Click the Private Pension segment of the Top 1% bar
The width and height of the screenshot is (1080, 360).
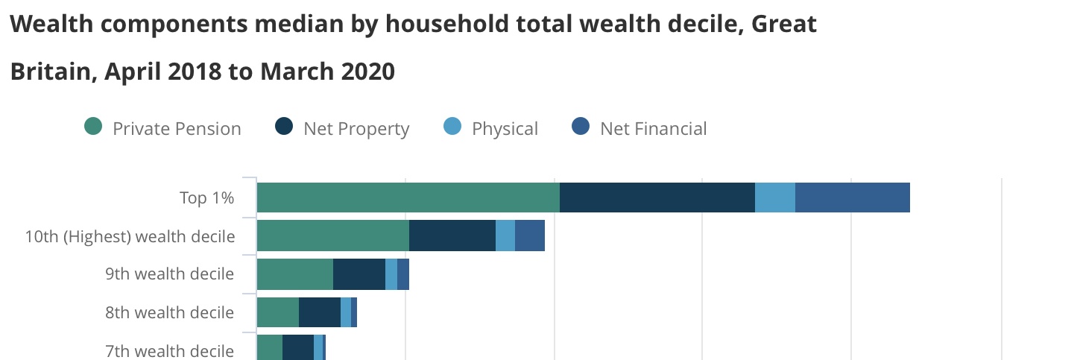pyautogui.click(x=408, y=198)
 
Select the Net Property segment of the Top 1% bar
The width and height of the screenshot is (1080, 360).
pyautogui.click(x=657, y=198)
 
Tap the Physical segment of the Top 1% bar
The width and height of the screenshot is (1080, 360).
pyautogui.click(x=775, y=198)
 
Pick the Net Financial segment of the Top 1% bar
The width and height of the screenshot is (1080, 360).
pyautogui.click(x=853, y=198)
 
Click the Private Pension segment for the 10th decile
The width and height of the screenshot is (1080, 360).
pyautogui.click(x=333, y=236)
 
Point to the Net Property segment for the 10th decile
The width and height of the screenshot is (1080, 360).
pyautogui.click(x=452, y=236)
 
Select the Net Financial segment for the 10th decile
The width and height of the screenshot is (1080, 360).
pyautogui.click(x=530, y=236)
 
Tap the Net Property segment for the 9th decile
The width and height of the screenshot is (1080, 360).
pyautogui.click(x=359, y=274)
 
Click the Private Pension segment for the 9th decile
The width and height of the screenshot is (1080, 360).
pyautogui.click(x=295, y=274)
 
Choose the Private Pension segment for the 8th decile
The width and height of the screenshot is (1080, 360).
pyautogui.click(x=278, y=312)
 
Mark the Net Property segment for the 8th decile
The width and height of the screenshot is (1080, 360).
pyautogui.click(x=320, y=312)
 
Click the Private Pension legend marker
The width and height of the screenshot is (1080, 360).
pyautogui.click(x=93, y=127)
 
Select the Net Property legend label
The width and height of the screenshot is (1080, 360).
pyautogui.click(x=356, y=129)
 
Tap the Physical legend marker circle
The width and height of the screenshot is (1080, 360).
pyautogui.click(x=452, y=127)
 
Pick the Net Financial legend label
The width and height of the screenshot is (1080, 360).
pyautogui.click(x=654, y=129)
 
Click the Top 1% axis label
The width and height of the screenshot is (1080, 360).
pyautogui.click(x=207, y=198)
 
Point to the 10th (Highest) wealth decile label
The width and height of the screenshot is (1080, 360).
pyautogui.click(x=130, y=236)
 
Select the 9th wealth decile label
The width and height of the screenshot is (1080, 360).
pyautogui.click(x=170, y=274)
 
